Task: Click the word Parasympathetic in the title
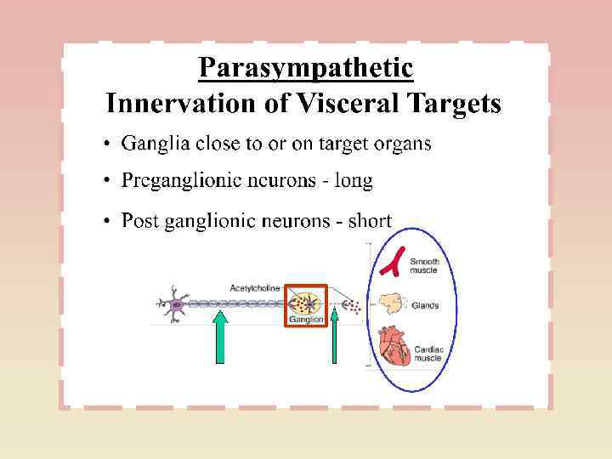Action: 306,68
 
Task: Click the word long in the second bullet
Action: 354,181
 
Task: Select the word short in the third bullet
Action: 370,221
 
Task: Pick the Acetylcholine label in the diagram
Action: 254,288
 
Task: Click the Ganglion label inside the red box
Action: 305,320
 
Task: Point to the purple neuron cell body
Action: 177,304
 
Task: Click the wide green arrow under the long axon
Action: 220,338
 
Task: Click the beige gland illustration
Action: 391,304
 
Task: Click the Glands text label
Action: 425,305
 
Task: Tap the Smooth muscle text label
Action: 425,265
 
